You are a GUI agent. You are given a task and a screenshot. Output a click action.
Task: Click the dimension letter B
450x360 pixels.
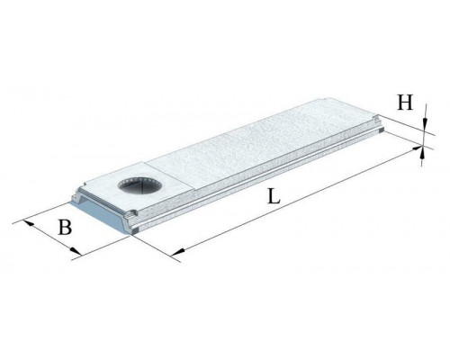(x=65, y=227)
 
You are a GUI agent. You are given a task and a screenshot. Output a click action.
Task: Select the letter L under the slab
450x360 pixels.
(x=274, y=196)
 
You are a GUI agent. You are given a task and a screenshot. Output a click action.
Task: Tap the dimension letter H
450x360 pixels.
(x=405, y=103)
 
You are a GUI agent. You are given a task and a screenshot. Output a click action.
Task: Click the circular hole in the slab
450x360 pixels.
(x=139, y=185)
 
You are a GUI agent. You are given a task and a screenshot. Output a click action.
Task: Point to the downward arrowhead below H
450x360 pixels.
(x=425, y=123)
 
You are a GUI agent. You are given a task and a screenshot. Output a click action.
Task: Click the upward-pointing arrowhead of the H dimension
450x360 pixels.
(x=422, y=154)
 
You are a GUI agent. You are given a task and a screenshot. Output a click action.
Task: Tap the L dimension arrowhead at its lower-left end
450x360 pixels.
(x=178, y=251)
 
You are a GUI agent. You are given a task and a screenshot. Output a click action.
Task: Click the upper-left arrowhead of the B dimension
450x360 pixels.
(x=29, y=223)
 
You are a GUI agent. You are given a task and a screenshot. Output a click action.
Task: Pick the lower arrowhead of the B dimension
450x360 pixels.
(x=76, y=251)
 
